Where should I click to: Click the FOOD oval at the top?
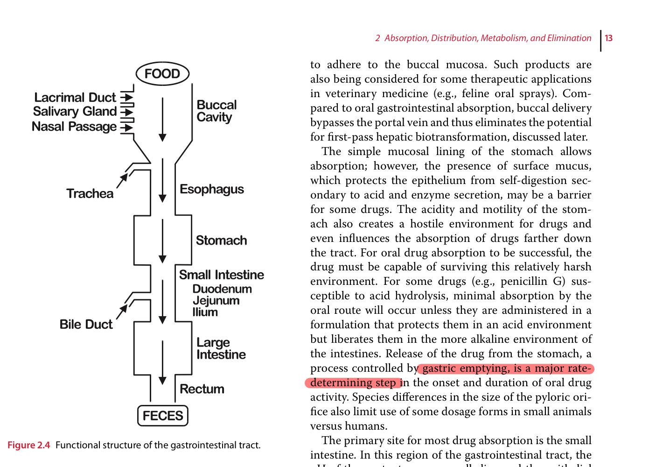pos(162,74)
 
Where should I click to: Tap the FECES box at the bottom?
pos(163,416)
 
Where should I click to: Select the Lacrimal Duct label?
pos(75,98)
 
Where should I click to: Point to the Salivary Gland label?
pos(75,112)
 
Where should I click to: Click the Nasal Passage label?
pos(74,127)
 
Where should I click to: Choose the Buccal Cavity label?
pos(216,111)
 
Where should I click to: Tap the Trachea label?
pos(90,193)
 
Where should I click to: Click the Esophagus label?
pos(212,189)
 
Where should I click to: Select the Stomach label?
pos(221,241)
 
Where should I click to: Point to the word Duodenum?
pos(222,289)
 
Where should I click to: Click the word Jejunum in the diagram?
pos(216,301)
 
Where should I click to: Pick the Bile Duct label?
pos(86,325)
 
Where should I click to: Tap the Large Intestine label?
pos(221,348)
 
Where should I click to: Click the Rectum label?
pos(202,389)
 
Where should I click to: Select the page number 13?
pos(608,38)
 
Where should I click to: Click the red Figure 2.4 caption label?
pos(28,445)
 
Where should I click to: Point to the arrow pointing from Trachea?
pos(122,180)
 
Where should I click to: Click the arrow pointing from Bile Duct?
pos(122,311)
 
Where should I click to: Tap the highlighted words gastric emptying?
pos(462,368)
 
